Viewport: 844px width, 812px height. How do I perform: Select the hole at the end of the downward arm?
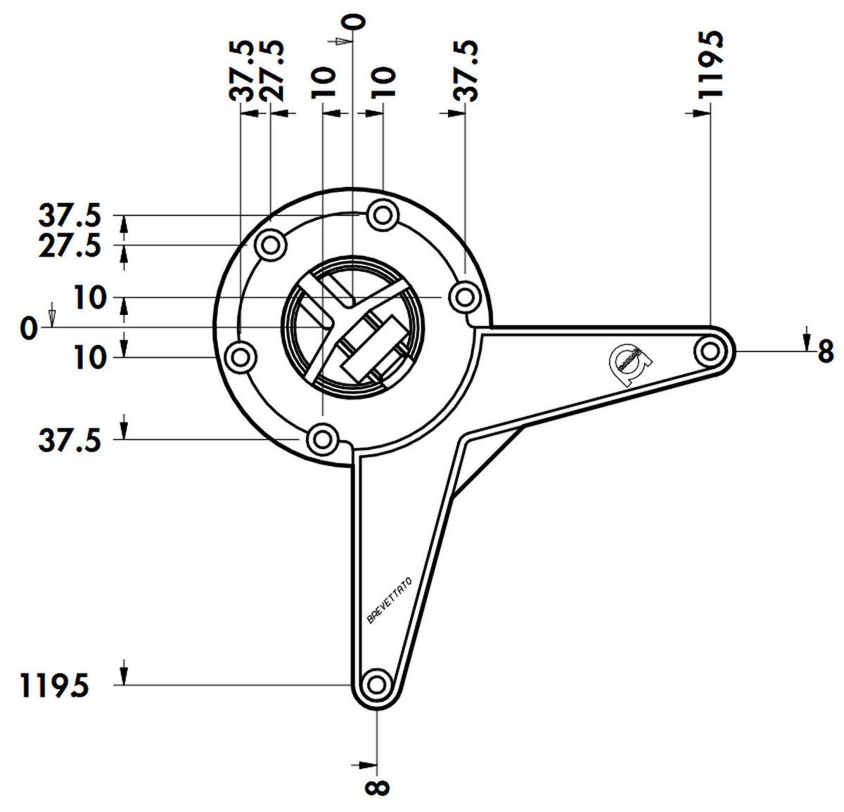click(x=377, y=683)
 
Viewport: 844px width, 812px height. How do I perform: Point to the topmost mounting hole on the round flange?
click(x=382, y=214)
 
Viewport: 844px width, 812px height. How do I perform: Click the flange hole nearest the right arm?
click(x=464, y=297)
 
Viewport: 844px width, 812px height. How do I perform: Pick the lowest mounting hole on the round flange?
click(x=322, y=439)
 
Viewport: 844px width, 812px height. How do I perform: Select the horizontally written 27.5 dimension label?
click(x=69, y=247)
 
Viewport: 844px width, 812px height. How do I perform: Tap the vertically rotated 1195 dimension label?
click(x=710, y=63)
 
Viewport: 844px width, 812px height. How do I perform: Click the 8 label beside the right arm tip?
click(x=825, y=352)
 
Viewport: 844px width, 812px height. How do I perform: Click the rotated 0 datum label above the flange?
click(x=357, y=22)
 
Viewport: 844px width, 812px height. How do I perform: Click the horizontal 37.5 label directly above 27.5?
click(x=69, y=215)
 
